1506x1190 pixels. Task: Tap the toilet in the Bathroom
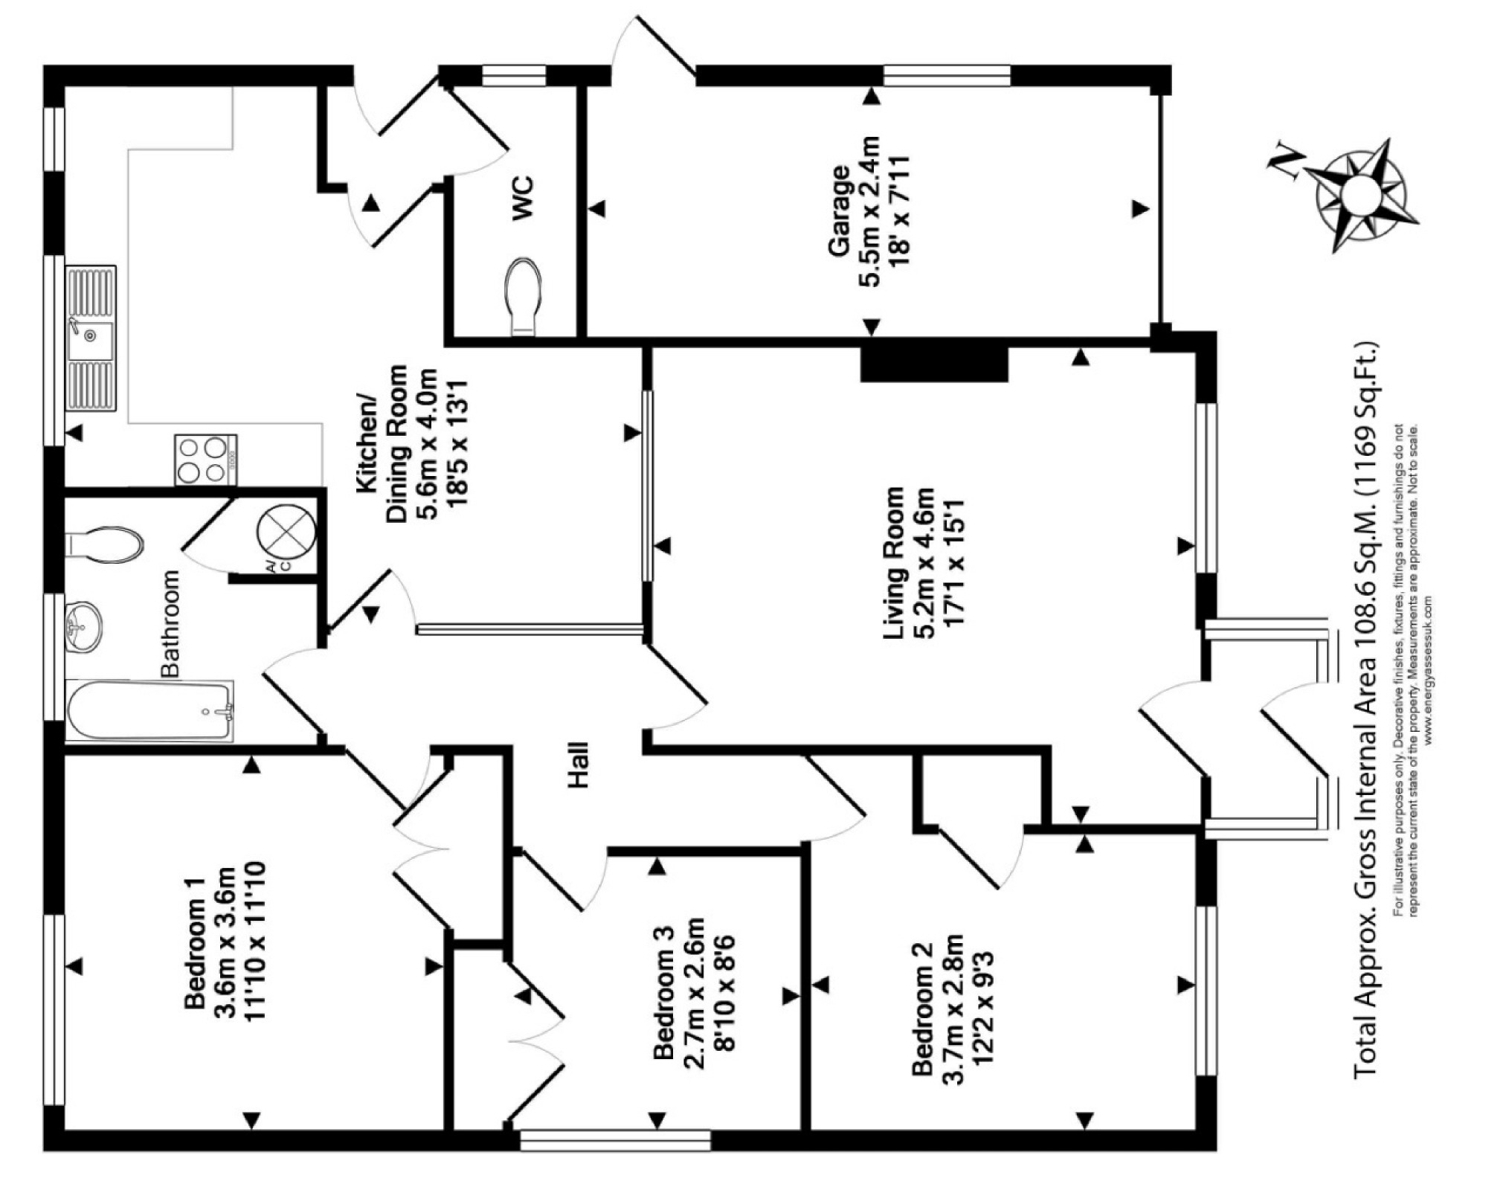[103, 544]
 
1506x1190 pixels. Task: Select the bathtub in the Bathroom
[149, 711]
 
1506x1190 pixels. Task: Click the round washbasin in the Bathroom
[83, 627]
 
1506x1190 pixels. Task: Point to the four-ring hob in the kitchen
[206, 460]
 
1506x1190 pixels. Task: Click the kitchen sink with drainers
[91, 338]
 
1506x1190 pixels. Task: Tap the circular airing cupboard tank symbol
[286, 533]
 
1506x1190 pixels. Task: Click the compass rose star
[1362, 196]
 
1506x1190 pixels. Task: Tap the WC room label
[523, 197]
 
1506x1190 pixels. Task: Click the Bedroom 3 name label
[663, 991]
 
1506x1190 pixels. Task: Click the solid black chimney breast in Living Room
[934, 364]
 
